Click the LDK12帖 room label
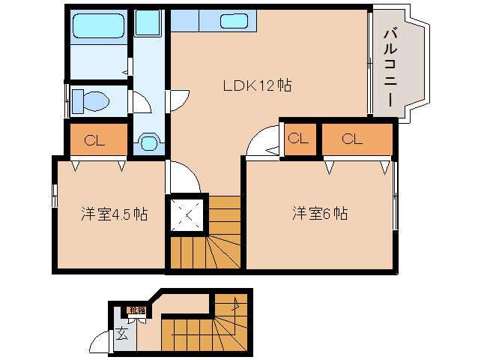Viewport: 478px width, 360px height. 257,85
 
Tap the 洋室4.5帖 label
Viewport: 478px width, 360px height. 114,214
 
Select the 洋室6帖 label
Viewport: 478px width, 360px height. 319,214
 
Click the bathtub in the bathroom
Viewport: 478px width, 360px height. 97,28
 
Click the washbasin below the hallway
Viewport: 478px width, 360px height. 149,142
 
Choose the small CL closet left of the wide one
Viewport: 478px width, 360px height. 298,139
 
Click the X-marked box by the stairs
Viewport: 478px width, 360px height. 188,214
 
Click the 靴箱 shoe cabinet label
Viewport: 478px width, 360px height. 136,310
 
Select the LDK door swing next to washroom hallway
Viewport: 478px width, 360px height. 178,100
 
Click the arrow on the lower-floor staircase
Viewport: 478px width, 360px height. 238,304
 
